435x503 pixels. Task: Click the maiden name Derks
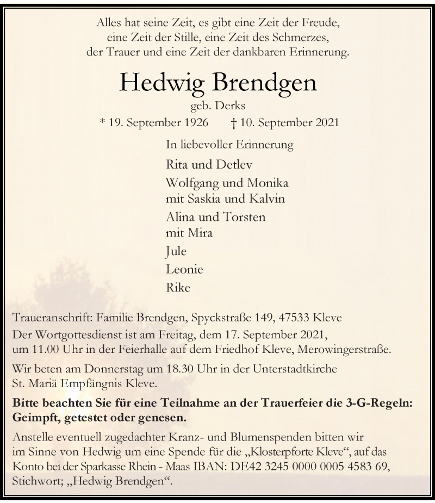point(231,107)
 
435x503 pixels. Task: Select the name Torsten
point(245,217)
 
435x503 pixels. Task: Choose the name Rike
point(177,287)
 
